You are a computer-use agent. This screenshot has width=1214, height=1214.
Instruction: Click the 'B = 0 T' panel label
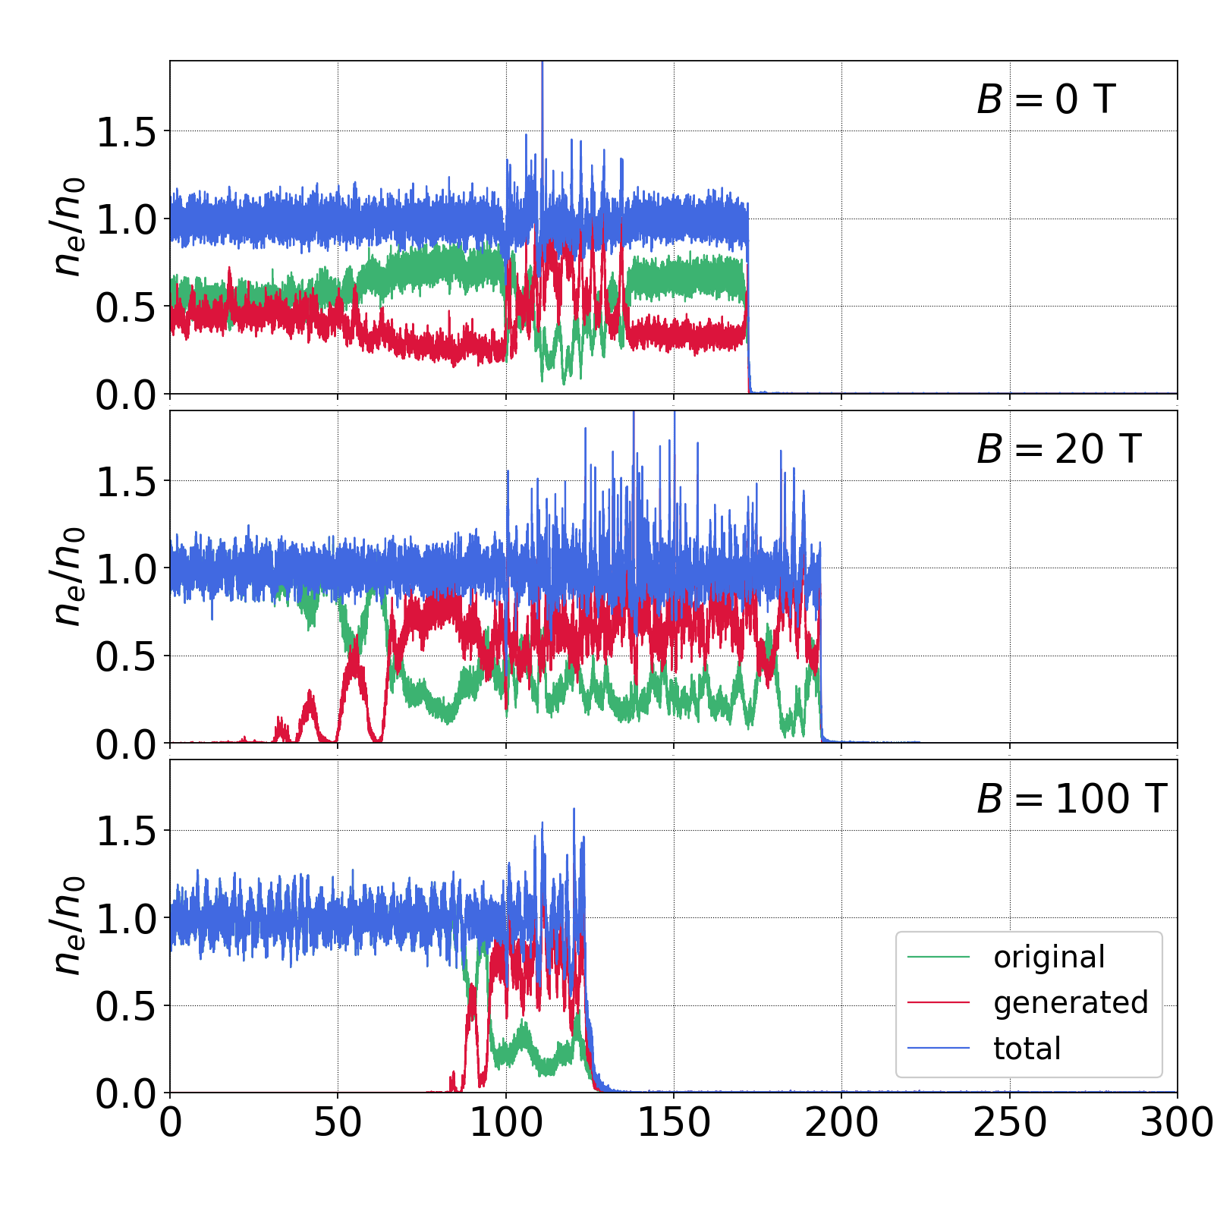pos(1046,99)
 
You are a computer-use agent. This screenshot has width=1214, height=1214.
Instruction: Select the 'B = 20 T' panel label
pos(1058,449)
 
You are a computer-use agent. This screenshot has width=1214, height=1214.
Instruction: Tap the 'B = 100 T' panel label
pos(1071,799)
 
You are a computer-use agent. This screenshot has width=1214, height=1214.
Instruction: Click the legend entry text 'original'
pos(1049,958)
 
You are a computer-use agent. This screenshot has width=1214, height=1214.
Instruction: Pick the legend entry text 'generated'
pos(1071,1003)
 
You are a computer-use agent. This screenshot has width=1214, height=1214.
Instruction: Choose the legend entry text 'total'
pos(1027,1049)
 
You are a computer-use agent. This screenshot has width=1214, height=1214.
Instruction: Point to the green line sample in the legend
pos(939,958)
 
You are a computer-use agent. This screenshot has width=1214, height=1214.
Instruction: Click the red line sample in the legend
pos(939,1003)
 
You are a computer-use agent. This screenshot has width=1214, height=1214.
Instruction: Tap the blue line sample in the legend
pos(939,1049)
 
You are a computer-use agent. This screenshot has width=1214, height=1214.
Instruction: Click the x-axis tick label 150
pos(674,1123)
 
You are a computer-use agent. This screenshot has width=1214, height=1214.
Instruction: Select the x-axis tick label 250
pos(1010,1123)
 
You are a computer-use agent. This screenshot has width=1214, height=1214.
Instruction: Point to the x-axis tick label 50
pos(338,1123)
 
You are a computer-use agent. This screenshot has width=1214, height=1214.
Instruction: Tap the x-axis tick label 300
pos(1176,1123)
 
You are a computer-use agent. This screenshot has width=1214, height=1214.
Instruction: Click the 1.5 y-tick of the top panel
pos(126,133)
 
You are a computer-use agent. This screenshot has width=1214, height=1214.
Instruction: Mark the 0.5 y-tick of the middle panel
pos(126,657)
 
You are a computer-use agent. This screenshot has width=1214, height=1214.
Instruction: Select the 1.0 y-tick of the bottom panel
pos(126,919)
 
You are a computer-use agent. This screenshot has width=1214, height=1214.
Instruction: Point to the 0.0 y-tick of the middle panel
pos(126,744)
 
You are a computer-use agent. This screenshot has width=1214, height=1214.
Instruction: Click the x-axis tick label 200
pos(841,1123)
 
